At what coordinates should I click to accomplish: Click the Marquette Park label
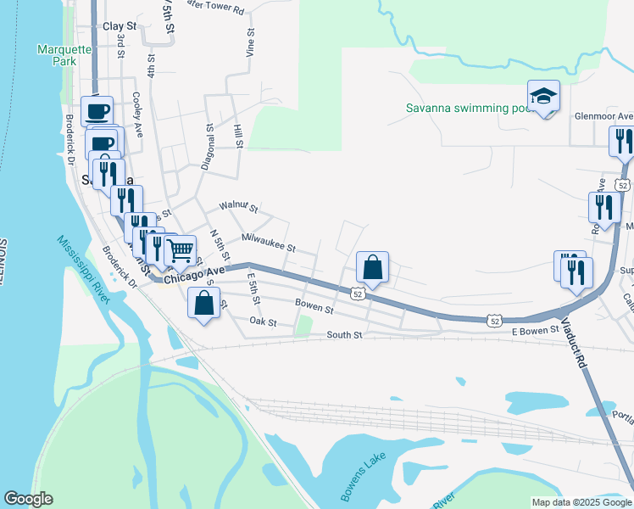click(64, 55)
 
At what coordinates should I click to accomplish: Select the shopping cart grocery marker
click(180, 251)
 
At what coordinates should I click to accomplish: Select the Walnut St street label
click(238, 205)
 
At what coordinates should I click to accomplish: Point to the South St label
click(345, 335)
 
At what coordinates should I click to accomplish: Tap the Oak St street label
click(264, 322)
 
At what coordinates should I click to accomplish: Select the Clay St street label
click(120, 26)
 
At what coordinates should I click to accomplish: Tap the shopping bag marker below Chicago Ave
click(204, 304)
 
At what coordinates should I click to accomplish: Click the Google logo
click(28, 499)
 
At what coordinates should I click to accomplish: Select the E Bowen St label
click(535, 330)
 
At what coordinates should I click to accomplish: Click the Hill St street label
click(239, 136)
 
